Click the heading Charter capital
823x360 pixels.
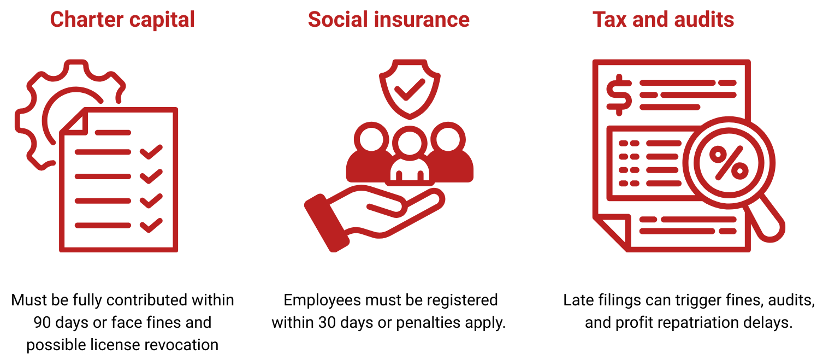click(x=122, y=20)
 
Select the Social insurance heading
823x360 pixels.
click(x=389, y=19)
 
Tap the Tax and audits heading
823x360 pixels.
click(x=663, y=19)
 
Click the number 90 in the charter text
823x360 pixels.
click(x=42, y=322)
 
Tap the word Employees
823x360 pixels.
click(x=322, y=300)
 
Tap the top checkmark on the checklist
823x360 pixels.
click(x=151, y=152)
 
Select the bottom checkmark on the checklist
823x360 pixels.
click(x=151, y=225)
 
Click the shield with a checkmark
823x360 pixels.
click(x=410, y=89)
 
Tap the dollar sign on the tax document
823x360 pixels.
click(x=619, y=95)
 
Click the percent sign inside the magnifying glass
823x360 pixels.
click(x=729, y=163)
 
